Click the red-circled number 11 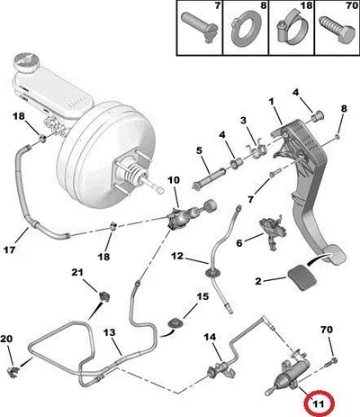(319, 403)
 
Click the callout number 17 (10, 249)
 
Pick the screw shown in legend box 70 (337, 29)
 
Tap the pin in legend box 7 (198, 26)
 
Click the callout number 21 (77, 272)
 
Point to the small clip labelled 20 (13, 371)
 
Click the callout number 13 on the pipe (109, 332)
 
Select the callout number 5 (200, 150)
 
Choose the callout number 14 (210, 337)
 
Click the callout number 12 (177, 256)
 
